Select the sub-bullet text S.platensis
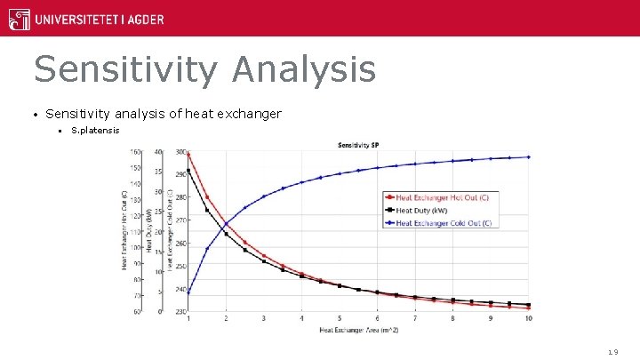[x=95, y=132]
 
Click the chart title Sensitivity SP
[x=359, y=145]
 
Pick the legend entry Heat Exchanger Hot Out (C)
[x=442, y=196]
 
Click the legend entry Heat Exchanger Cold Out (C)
[x=443, y=223]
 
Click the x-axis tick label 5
[x=340, y=318]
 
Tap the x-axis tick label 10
[x=529, y=318]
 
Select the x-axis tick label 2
[x=226, y=318]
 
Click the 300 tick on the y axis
[x=180, y=152]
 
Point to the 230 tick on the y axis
[x=180, y=311]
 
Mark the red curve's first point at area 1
[x=188, y=155]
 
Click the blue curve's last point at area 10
[x=529, y=157]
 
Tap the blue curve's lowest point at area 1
[x=188, y=292]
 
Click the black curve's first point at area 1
[x=188, y=171]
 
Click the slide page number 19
[x=612, y=353]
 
